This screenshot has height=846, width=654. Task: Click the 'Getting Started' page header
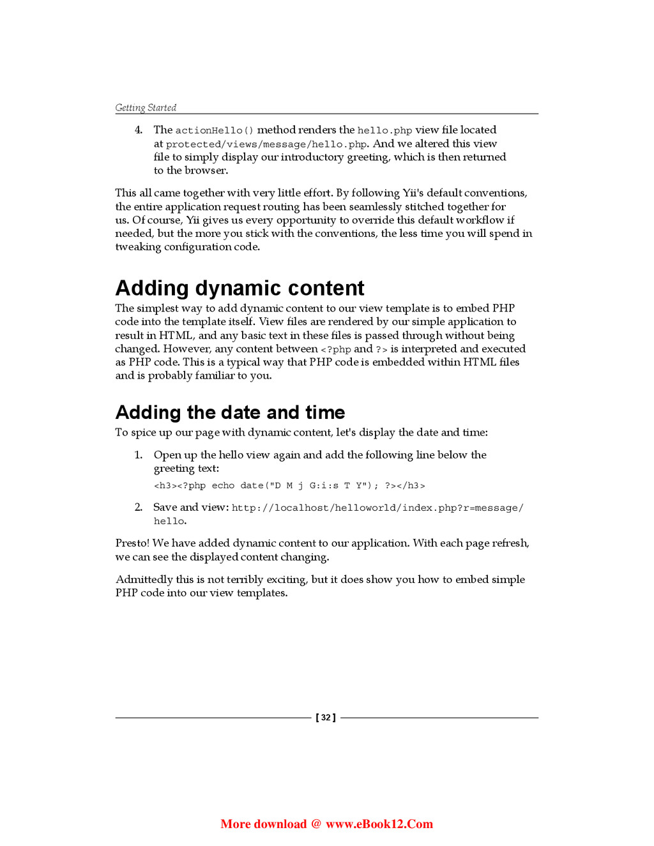pos(146,108)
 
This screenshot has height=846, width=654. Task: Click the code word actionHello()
pos(214,130)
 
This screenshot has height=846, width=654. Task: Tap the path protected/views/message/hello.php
pos(266,144)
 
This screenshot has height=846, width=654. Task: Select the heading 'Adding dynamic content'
pos(240,288)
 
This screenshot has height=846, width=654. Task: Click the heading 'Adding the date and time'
pos(230,412)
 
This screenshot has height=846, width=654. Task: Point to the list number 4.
pos(139,130)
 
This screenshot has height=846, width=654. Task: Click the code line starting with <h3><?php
pos(289,486)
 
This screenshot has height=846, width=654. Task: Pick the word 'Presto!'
pos(132,543)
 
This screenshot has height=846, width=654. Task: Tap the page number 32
pos(326,718)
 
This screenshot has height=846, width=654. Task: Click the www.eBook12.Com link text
pos(379,824)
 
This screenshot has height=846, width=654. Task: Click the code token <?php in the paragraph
pos(336,349)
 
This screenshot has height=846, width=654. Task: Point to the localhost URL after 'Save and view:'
pos(377,508)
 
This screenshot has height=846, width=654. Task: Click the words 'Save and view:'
pos(190,508)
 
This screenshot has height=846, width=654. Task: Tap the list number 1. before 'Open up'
pos(139,455)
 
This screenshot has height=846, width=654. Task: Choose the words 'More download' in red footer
pos(263,824)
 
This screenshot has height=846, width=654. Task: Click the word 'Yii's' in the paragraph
pos(413,193)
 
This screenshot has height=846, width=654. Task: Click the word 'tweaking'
pos(138,247)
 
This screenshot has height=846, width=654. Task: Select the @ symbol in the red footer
pos(316,824)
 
